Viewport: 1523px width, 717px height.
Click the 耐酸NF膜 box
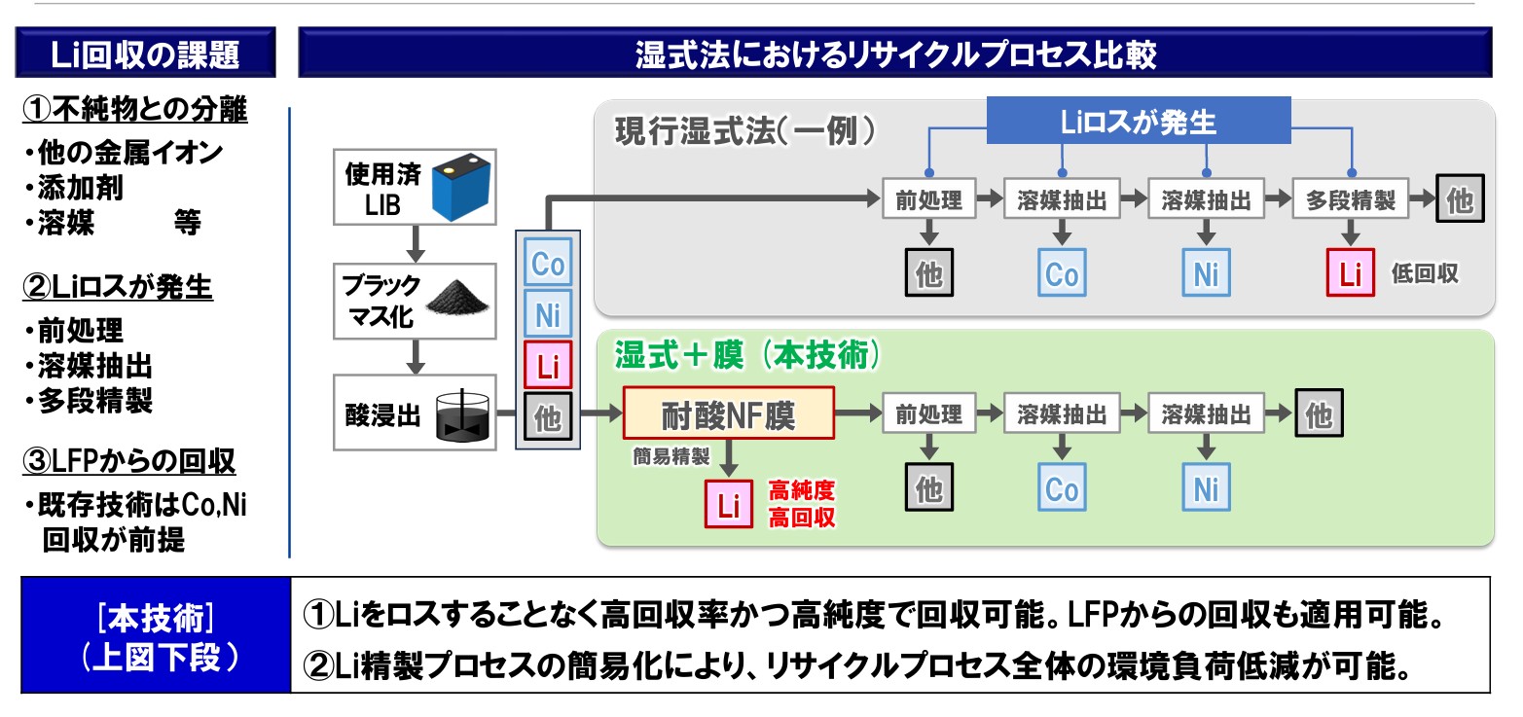point(729,415)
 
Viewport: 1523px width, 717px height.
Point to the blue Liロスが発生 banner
point(1138,123)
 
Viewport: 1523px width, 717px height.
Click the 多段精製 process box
point(1350,200)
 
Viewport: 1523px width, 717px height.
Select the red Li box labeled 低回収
point(1350,273)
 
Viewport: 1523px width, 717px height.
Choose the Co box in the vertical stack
point(548,265)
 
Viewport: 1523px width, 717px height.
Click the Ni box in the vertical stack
point(548,315)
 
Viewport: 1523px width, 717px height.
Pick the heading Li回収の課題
point(145,54)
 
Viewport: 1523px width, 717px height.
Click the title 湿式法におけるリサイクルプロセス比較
point(894,54)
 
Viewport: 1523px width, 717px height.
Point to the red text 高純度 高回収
point(802,503)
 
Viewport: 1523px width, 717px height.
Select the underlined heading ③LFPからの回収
point(128,461)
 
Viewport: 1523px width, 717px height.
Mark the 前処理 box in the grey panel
point(928,200)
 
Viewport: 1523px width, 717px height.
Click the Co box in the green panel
point(1062,488)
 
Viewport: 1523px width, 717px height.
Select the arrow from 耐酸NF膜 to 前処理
point(857,415)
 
